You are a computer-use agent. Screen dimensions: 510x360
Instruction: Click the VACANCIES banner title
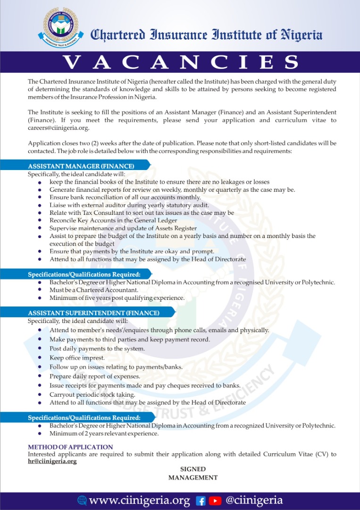pyautogui.click(x=180, y=62)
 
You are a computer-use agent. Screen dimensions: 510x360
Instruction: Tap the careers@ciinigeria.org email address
pyautogui.click(x=59, y=128)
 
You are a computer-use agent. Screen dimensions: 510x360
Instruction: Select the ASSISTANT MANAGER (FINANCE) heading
pyautogui.click(x=81, y=166)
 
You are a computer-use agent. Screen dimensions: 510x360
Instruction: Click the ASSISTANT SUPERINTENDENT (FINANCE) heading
pyautogui.click(x=93, y=313)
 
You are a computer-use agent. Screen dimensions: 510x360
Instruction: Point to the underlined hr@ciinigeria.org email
pyautogui.click(x=52, y=461)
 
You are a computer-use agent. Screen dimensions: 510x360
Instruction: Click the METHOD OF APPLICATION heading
pyautogui.click(x=70, y=447)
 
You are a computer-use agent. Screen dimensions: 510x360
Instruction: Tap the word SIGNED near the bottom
pyautogui.click(x=193, y=469)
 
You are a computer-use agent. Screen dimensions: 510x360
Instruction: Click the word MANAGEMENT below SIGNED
pyautogui.click(x=193, y=477)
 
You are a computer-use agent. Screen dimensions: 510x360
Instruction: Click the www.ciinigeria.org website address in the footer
pyautogui.click(x=139, y=501)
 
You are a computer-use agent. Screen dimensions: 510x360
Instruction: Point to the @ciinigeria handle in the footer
pyautogui.click(x=254, y=501)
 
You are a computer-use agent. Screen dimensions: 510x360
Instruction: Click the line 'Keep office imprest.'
pyautogui.click(x=77, y=358)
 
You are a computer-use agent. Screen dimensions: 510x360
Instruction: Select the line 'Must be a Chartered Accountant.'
pyautogui.click(x=94, y=290)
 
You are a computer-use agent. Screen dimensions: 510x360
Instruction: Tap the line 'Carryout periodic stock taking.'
pyautogui.click(x=92, y=394)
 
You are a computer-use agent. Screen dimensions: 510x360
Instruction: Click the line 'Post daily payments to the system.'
pyautogui.click(x=97, y=348)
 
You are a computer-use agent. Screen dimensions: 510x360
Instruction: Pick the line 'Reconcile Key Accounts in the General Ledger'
pyautogui.click(x=113, y=221)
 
